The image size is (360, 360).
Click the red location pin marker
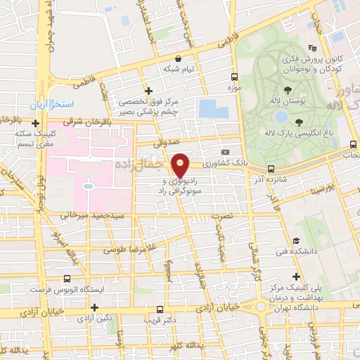pyautogui.click(x=181, y=165)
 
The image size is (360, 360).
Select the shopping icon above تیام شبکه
pyautogui.click(x=179, y=58)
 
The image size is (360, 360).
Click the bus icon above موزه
pyautogui.click(x=235, y=77)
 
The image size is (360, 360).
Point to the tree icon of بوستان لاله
pyautogui.click(x=288, y=89)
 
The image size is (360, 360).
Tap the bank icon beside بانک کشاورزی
pyautogui.click(x=225, y=152)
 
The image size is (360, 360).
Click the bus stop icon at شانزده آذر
pyautogui.click(x=271, y=169)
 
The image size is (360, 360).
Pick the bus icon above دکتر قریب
pyautogui.click(x=160, y=309)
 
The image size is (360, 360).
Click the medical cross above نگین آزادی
pyautogui.click(x=94, y=307)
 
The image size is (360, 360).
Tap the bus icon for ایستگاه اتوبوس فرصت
pyautogui.click(x=67, y=278)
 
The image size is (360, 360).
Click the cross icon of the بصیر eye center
pyautogui.click(x=148, y=91)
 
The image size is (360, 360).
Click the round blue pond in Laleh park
pyautogui.click(x=281, y=117)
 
